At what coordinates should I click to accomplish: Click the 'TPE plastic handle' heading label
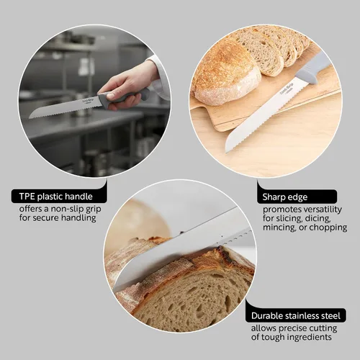[x=56, y=197]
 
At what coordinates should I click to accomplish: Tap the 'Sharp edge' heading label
[x=285, y=197]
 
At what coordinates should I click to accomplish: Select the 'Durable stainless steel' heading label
[x=296, y=315]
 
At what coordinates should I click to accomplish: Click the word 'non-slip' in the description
[x=64, y=209]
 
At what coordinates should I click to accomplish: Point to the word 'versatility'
[x=322, y=210]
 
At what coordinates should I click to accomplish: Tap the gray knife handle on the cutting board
[x=313, y=70]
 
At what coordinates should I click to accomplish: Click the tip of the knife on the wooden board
[x=226, y=153]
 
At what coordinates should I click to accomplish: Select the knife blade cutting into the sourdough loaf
[x=182, y=250]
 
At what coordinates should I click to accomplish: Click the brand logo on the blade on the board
[x=287, y=89]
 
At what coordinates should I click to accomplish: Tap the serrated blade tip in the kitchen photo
[x=30, y=117]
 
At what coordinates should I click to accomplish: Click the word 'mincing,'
[x=279, y=228]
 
